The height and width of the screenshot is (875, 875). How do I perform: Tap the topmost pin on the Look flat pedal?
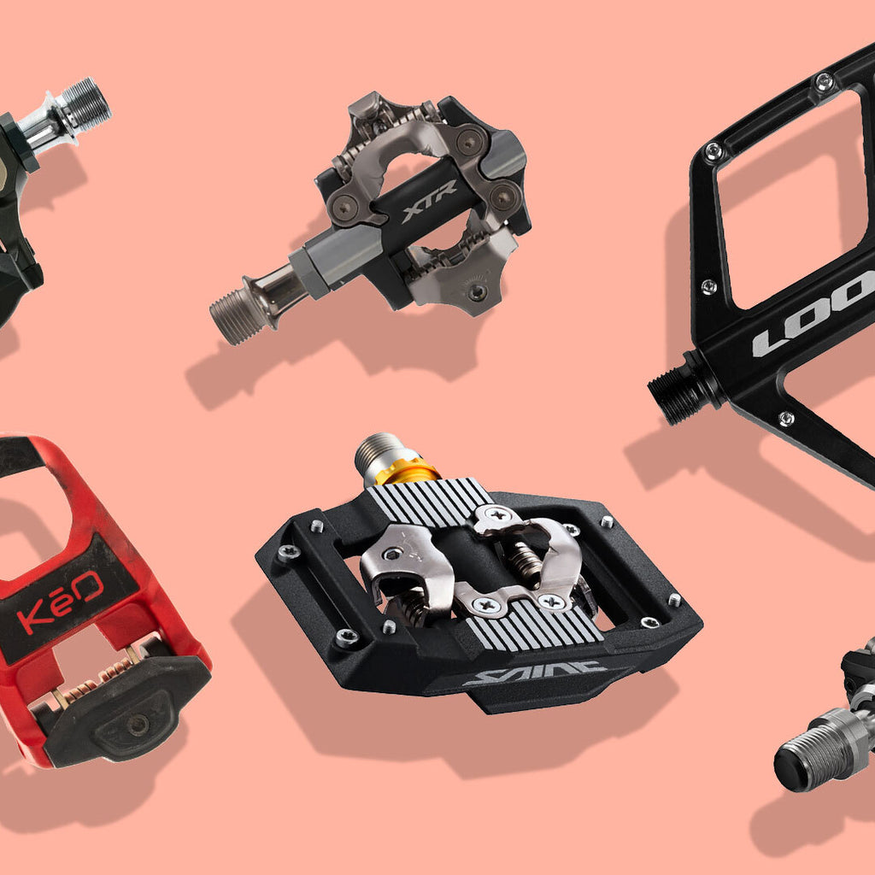pyautogui.click(x=824, y=82)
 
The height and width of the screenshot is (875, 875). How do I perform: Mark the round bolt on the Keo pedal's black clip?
pyautogui.click(x=137, y=724)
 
